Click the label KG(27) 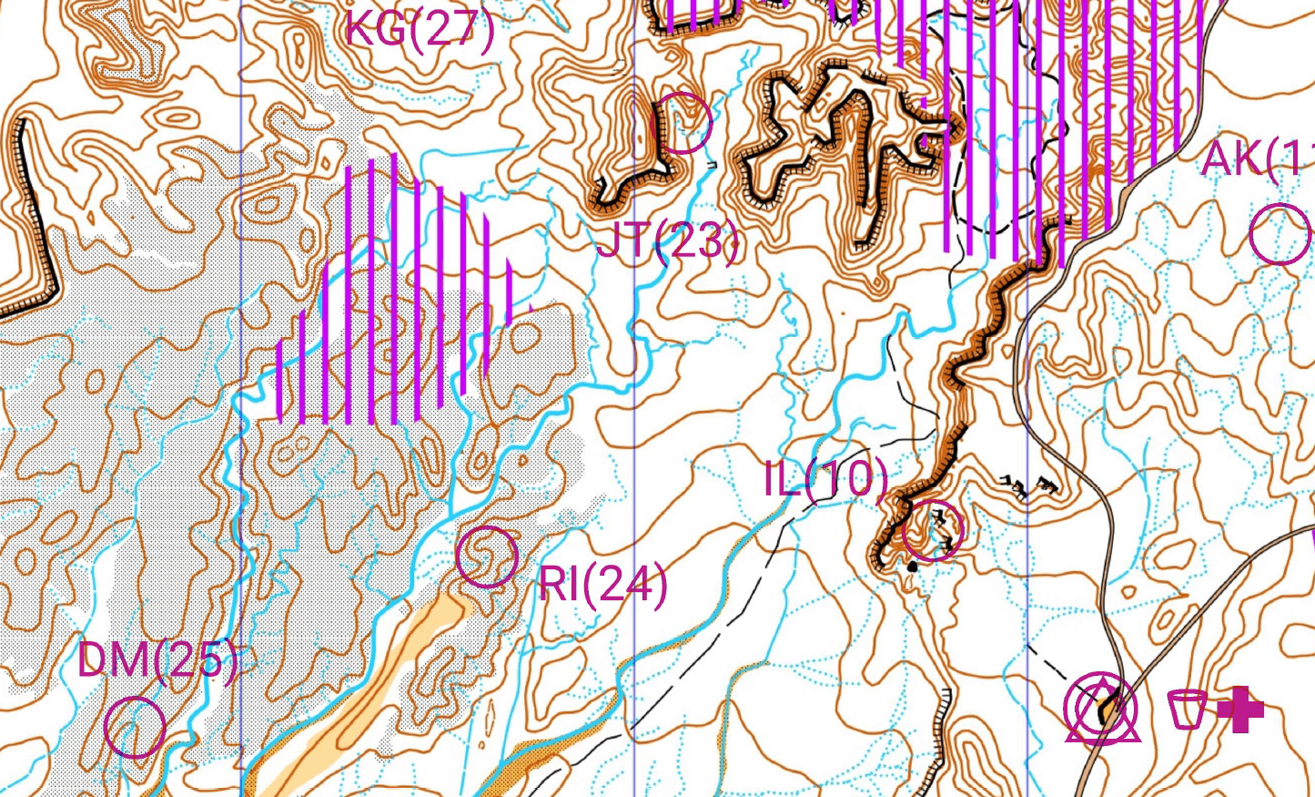tap(420, 29)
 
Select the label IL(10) tap(825, 478)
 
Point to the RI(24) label tap(602, 583)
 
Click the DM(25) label tap(157, 660)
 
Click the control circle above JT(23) tap(683, 122)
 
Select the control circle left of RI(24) tap(487, 556)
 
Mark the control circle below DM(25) tap(135, 727)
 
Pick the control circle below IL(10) tap(933, 530)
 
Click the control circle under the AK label tap(1279, 234)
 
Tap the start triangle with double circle tap(1102, 710)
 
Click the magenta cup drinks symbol tap(1187, 709)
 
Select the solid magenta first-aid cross tap(1240, 710)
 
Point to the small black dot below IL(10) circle tap(913, 567)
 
